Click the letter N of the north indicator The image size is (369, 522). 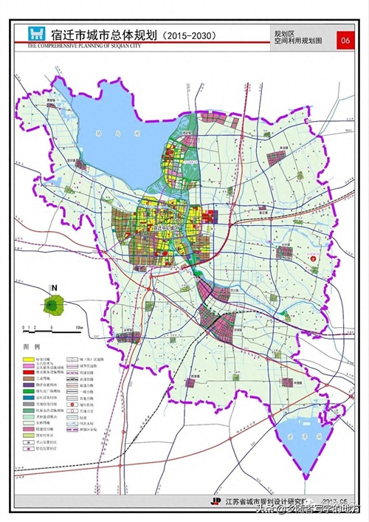click(52, 288)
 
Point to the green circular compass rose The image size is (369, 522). click(52, 303)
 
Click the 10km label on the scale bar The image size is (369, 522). click(78, 326)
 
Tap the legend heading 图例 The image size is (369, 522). click(32, 346)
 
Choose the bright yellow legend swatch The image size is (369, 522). click(32, 357)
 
